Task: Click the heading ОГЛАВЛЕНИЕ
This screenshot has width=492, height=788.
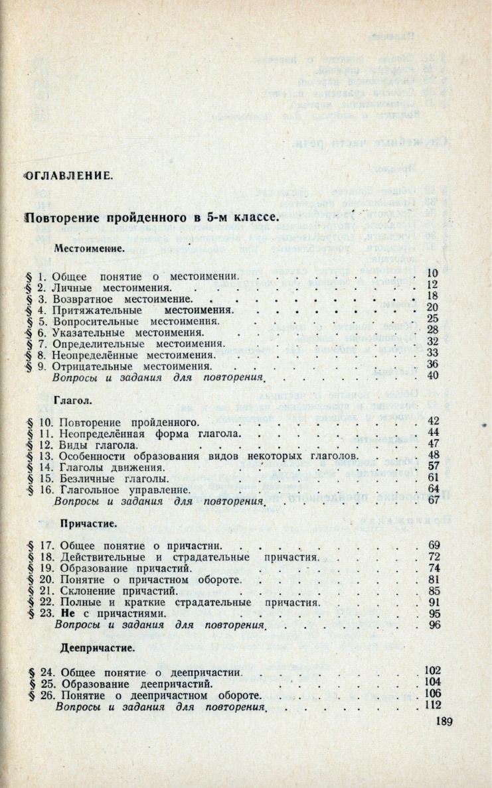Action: (68, 176)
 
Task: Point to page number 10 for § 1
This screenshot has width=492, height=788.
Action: (433, 273)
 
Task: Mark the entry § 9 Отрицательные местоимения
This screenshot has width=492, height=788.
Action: (135, 365)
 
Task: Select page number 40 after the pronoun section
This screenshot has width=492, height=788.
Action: (434, 377)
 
